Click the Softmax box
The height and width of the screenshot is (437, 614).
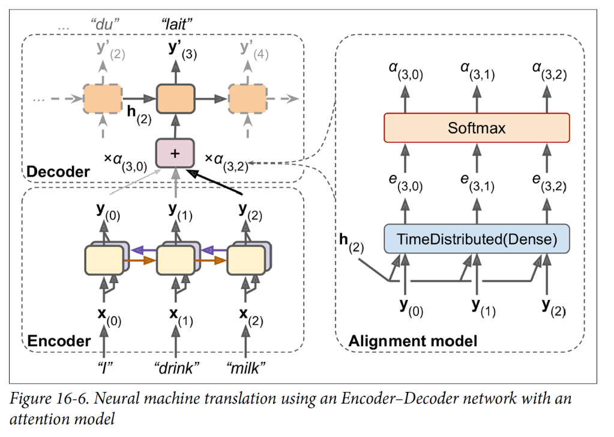click(477, 128)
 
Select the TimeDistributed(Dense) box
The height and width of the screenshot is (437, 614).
click(477, 239)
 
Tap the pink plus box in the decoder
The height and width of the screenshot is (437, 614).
click(175, 153)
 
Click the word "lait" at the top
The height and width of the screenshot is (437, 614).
click(176, 25)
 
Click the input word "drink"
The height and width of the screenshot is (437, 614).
click(176, 367)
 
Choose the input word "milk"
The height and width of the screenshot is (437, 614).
click(247, 367)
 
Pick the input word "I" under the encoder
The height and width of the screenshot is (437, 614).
click(104, 367)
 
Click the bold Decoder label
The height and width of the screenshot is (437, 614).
click(58, 172)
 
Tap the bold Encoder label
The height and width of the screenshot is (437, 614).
click(59, 341)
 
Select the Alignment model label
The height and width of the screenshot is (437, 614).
click(413, 341)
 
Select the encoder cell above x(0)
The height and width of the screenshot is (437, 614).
click(104, 259)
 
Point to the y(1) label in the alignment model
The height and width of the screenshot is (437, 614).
click(482, 307)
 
